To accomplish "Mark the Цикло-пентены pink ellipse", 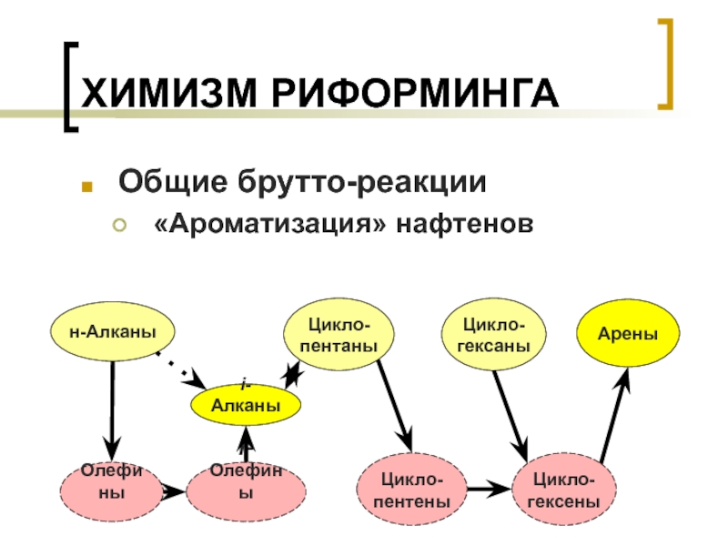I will (x=414, y=491).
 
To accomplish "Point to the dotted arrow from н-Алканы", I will (x=177, y=366).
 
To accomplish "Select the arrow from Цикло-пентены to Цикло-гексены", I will (x=489, y=490).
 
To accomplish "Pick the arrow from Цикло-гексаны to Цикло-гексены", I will (x=511, y=414).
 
